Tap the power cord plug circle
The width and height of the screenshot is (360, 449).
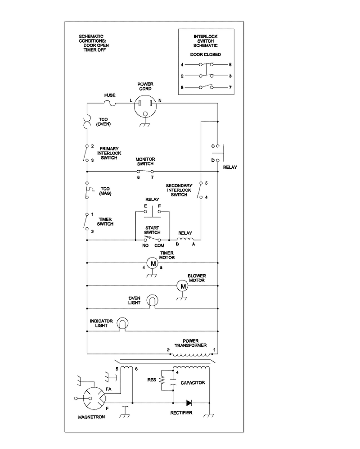[x=145, y=106]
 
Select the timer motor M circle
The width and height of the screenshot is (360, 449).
[x=153, y=263]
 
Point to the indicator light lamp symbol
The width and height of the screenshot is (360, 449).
[x=122, y=324]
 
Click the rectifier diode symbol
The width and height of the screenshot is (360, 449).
[x=189, y=403]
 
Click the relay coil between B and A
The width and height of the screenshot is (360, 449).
[x=185, y=240]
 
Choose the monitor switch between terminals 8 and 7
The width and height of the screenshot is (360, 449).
[x=145, y=171]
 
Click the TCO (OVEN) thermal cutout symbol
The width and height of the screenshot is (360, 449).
[x=87, y=122]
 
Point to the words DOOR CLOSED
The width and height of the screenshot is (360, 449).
[x=206, y=54]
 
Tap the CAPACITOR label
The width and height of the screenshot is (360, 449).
[x=193, y=383]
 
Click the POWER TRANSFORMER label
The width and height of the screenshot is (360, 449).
[x=191, y=343]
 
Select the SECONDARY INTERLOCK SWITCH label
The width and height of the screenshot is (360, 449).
[x=179, y=190]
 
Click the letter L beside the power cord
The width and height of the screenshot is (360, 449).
[x=131, y=100]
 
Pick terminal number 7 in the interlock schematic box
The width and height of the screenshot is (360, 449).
[x=230, y=87]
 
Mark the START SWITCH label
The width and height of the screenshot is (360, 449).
[x=152, y=230]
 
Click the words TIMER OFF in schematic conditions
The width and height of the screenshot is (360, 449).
[x=94, y=50]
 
